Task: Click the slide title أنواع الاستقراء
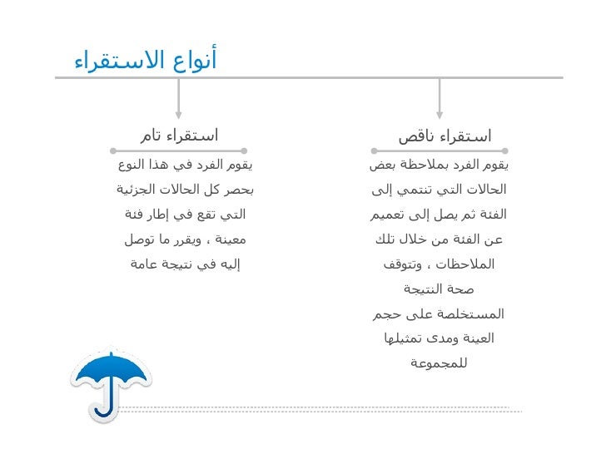point(146,61)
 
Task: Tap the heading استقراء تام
point(178,136)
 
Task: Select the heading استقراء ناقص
point(445,136)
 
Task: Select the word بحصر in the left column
point(237,190)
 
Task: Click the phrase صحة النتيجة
point(440,289)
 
